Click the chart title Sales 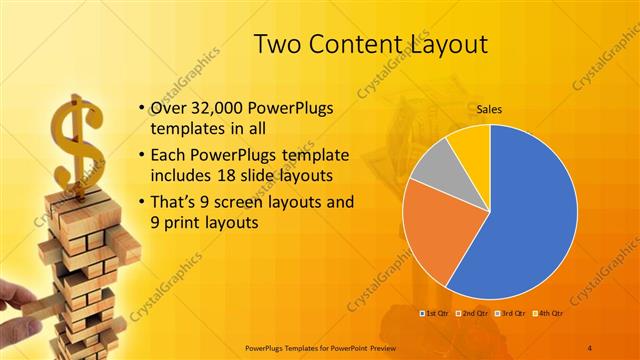coord(489,110)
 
